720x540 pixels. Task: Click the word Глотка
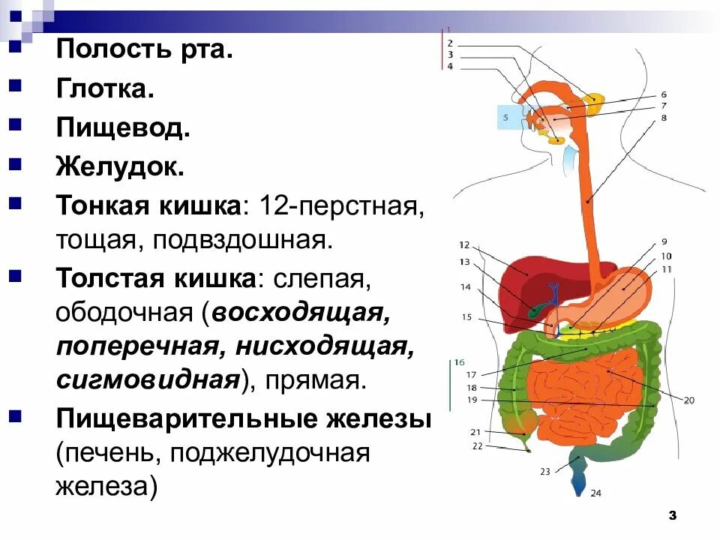click(104, 89)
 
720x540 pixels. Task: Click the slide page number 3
click(672, 515)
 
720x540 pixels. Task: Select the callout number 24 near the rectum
click(595, 493)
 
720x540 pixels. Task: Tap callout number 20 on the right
click(689, 400)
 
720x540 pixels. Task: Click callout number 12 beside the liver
click(463, 244)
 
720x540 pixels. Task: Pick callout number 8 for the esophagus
click(664, 118)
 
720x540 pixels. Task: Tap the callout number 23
click(544, 472)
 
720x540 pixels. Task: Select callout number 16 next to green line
click(460, 361)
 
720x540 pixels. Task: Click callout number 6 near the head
click(664, 94)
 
